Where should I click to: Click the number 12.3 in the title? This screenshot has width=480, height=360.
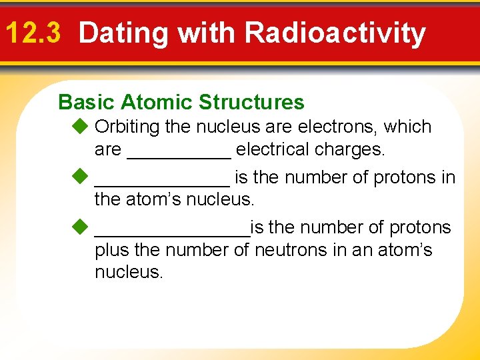click(x=33, y=33)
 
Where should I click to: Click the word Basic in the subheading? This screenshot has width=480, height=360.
click(x=87, y=102)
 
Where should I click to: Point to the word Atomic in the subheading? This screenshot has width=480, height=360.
click(x=157, y=102)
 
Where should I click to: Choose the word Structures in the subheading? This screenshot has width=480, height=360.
click(x=251, y=102)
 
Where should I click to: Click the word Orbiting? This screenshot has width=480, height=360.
click(x=131, y=127)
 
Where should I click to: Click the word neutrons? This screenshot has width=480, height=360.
click(x=289, y=251)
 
